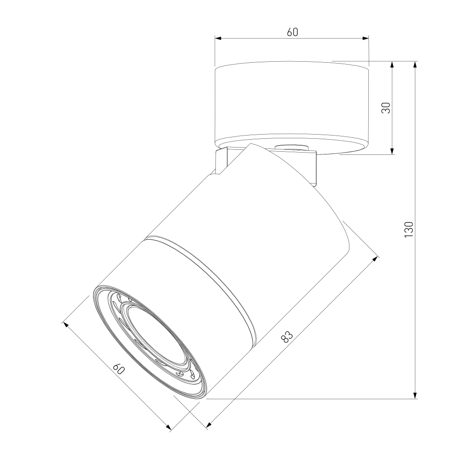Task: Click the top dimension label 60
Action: (292, 32)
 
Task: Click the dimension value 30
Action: (386, 108)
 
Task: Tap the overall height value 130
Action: (408, 230)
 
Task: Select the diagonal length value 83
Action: (287, 337)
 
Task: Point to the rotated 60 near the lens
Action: (119, 369)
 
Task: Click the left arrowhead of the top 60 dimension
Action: (218, 38)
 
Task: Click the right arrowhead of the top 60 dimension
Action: (366, 38)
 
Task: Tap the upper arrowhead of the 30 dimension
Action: (392, 65)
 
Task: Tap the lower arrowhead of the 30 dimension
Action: (392, 151)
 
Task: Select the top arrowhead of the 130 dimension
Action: (415, 65)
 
